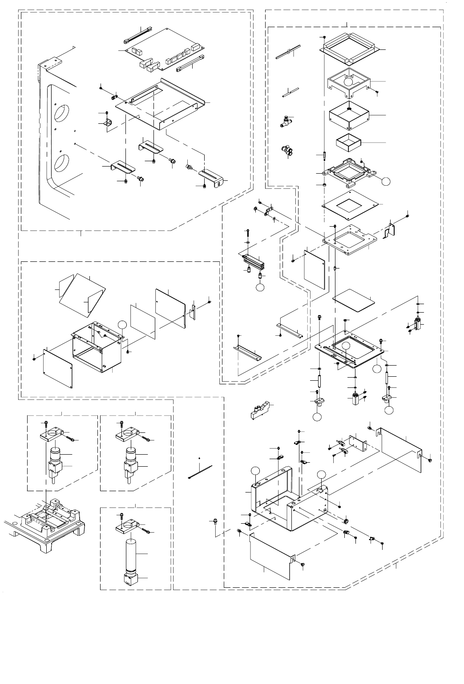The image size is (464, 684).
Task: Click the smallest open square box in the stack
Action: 348,142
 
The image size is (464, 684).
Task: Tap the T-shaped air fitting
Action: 285,120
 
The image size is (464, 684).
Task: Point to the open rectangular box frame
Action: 97,345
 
